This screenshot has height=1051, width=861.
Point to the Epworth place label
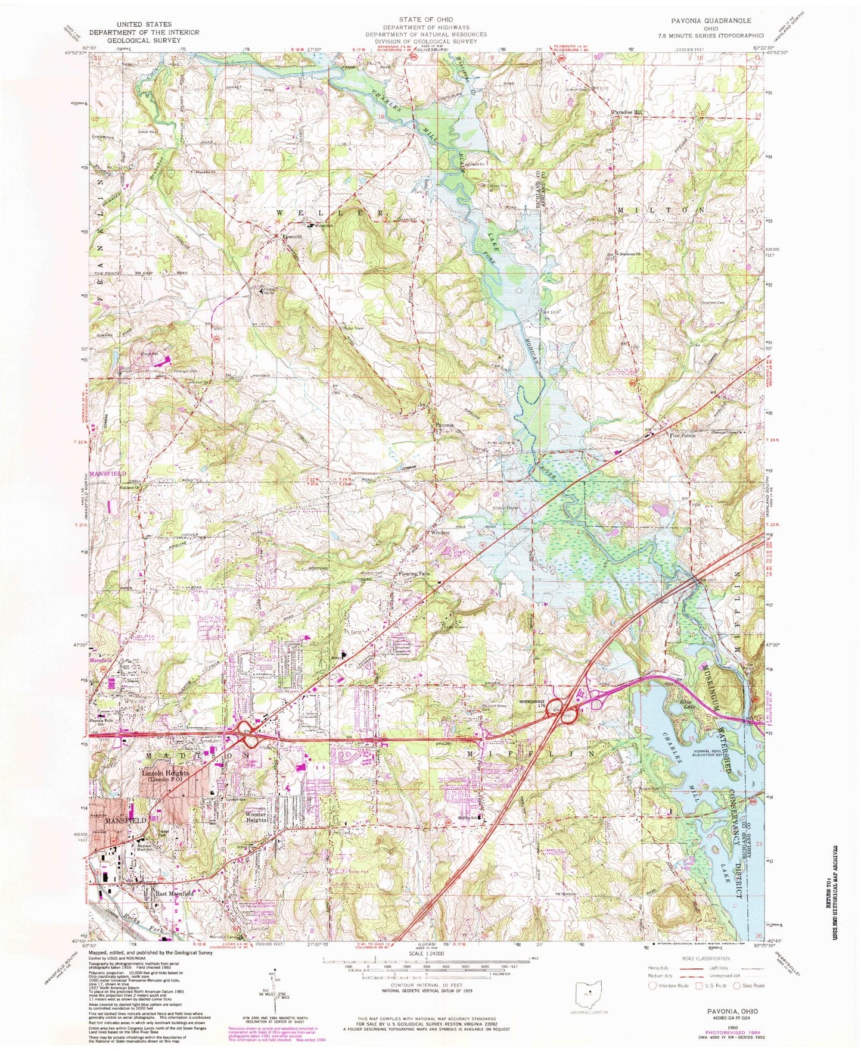coord(291,236)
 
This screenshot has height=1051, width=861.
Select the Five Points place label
coord(682,436)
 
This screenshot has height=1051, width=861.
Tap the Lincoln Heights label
coord(165,774)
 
